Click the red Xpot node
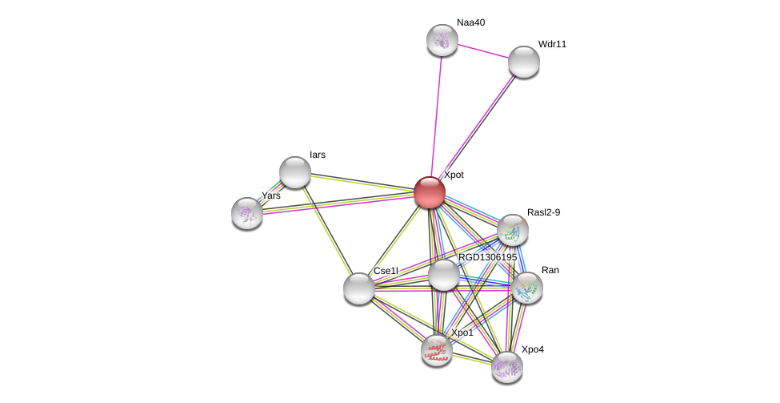point(430,192)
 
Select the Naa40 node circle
point(442,40)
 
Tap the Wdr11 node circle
point(523,62)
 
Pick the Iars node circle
point(294,172)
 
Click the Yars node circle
point(247,213)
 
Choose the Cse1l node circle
point(359,288)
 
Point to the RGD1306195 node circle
point(443,276)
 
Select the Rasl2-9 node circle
point(513,230)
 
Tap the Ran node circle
point(527,288)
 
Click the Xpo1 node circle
point(437,350)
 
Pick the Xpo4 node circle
point(506,367)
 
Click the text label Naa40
point(470,22)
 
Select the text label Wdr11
point(552,44)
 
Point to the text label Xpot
point(454,175)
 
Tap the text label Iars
point(318,155)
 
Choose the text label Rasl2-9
point(543,212)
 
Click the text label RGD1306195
point(487,257)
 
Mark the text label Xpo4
point(532,349)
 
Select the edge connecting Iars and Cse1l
point(326,230)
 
